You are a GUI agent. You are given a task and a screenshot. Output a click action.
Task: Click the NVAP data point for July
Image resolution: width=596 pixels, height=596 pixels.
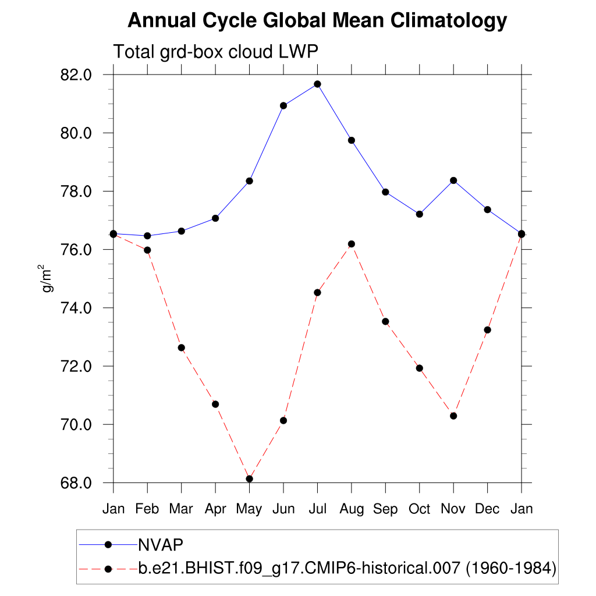pyautogui.click(x=317, y=84)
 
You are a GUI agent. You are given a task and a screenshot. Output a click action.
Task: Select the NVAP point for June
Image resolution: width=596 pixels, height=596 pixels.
pyautogui.click(x=283, y=105)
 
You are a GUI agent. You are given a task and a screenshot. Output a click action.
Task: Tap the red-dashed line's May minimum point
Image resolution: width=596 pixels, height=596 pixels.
pyautogui.click(x=250, y=479)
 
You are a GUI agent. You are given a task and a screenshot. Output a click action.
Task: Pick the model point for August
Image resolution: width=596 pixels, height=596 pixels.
pyautogui.click(x=352, y=244)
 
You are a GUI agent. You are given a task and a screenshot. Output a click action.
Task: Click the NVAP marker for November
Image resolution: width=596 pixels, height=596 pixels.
pyautogui.click(x=453, y=180)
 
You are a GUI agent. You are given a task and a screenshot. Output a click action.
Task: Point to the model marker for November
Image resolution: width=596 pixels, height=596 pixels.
pyautogui.click(x=453, y=416)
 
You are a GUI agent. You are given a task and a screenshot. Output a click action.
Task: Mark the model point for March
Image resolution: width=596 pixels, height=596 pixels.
pyautogui.click(x=181, y=347)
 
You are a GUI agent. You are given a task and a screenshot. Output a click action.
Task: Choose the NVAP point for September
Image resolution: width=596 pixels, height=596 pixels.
pyautogui.click(x=385, y=192)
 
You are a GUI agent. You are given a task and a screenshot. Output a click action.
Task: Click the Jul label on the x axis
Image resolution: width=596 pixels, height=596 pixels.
pyautogui.click(x=317, y=509)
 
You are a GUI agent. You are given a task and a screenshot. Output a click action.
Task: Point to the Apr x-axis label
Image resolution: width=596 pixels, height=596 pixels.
pyautogui.click(x=215, y=509)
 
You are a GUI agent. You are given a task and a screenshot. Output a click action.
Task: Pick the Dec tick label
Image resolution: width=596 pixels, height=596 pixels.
pyautogui.click(x=487, y=509)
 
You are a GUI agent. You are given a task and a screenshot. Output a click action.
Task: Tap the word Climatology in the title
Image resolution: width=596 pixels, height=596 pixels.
pyautogui.click(x=449, y=21)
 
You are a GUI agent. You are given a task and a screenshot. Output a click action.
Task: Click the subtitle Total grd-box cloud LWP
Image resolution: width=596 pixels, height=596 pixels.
pyautogui.click(x=215, y=52)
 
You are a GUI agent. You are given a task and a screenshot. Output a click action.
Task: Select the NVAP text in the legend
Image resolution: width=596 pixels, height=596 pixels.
pyautogui.click(x=161, y=545)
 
